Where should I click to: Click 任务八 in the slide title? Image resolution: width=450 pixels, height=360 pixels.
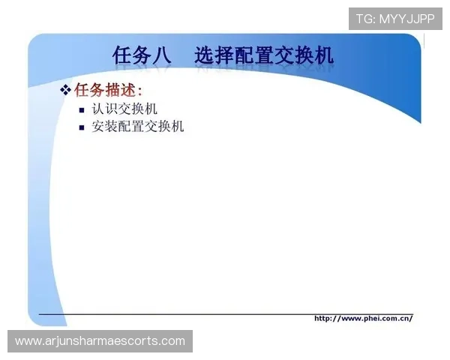tap(142, 56)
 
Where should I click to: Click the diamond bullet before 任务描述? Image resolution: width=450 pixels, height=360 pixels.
tap(65, 91)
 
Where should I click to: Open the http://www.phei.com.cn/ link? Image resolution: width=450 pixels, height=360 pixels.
tap(363, 318)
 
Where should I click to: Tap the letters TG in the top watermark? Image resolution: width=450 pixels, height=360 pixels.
tap(364, 19)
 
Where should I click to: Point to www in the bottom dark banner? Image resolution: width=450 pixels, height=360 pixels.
tap(27, 341)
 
